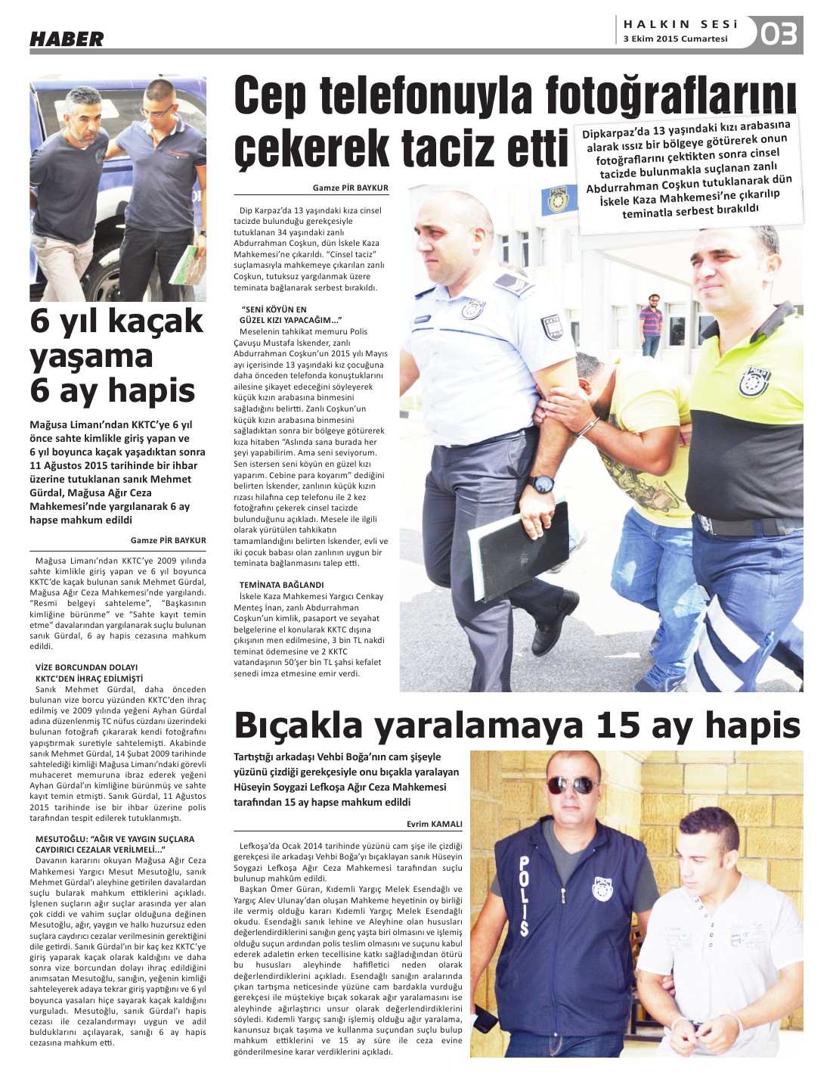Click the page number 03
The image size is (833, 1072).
779,34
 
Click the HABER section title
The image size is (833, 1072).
67,39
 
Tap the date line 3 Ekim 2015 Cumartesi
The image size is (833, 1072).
675,39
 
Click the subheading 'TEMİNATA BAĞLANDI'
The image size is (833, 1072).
281,585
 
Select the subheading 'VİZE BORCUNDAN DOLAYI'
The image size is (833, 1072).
87,667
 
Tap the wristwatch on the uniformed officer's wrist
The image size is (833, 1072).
541,484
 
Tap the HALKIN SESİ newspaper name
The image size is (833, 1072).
680,24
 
